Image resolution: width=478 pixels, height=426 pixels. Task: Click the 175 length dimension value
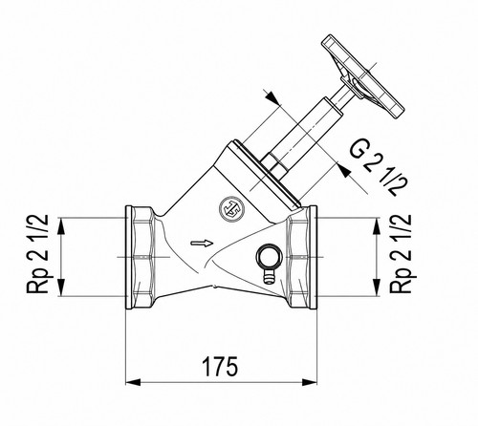point(220,366)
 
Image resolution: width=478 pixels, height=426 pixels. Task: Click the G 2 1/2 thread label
point(378,167)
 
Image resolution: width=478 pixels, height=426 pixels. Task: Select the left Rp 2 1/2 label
point(37,254)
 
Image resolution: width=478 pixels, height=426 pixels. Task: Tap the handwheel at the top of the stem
point(363,76)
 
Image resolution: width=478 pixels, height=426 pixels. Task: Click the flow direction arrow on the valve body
point(202,244)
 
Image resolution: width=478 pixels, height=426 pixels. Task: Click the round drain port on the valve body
point(269,256)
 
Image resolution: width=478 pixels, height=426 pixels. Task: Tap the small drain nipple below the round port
point(269,276)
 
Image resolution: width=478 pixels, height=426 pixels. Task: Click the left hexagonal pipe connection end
point(141,257)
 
